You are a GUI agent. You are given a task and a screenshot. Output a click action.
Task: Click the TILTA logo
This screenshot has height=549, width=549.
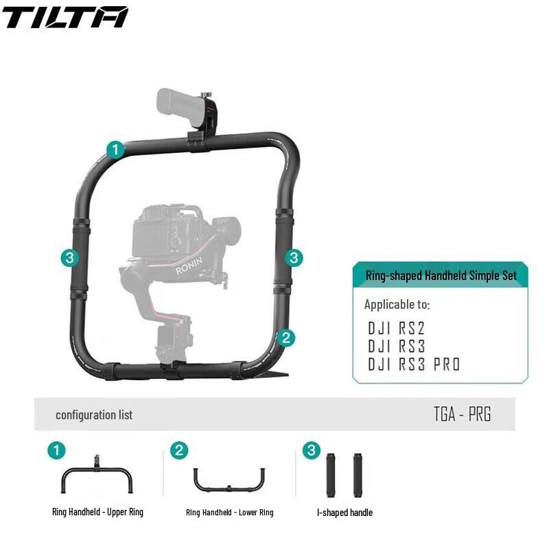(x=65, y=17)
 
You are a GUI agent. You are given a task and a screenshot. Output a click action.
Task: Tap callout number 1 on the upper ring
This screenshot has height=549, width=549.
(x=116, y=149)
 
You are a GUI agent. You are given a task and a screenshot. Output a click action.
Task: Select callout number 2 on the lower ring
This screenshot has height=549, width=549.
(x=287, y=337)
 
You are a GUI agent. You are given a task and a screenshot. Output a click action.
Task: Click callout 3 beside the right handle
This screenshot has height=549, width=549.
(x=294, y=257)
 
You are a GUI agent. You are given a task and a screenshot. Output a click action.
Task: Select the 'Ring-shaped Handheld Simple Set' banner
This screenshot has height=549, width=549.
(x=441, y=275)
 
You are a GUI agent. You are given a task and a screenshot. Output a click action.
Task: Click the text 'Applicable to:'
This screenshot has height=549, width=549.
(x=397, y=304)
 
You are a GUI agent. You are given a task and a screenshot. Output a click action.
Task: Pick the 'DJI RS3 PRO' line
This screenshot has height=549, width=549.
(x=414, y=364)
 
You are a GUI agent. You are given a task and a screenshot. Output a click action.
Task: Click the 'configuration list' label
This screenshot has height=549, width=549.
(x=94, y=414)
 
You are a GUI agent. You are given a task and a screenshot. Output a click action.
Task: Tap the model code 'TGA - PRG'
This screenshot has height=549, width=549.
(x=462, y=414)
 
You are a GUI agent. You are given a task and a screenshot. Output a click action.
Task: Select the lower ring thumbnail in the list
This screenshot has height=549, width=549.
(x=229, y=479)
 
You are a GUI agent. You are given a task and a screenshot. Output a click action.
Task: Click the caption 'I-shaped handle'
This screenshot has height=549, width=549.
(x=344, y=513)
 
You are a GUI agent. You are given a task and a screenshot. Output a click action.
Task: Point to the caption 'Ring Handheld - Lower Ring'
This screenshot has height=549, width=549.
(x=229, y=513)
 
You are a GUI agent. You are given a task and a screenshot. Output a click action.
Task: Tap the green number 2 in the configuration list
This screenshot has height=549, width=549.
(x=178, y=450)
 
